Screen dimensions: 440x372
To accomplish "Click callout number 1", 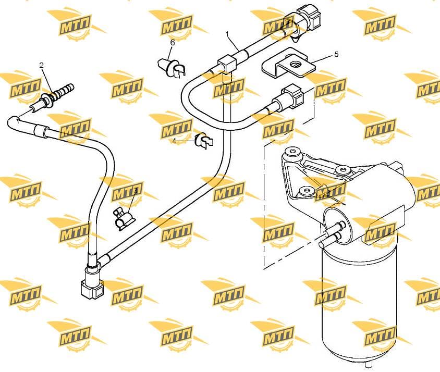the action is (x=227, y=34).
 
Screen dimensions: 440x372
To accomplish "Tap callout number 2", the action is (x=42, y=65).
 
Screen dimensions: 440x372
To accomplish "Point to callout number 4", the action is (x=174, y=141).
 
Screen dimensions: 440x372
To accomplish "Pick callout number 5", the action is (x=336, y=54).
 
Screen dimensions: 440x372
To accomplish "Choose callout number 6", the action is (x=172, y=43).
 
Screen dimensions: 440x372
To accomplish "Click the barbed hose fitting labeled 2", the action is (x=52, y=96).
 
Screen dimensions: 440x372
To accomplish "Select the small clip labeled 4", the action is (x=204, y=140).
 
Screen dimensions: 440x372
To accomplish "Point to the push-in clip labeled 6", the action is (x=171, y=67).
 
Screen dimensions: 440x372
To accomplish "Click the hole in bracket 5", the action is (x=295, y=64).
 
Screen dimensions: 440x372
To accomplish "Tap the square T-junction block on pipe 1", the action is (x=227, y=64).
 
